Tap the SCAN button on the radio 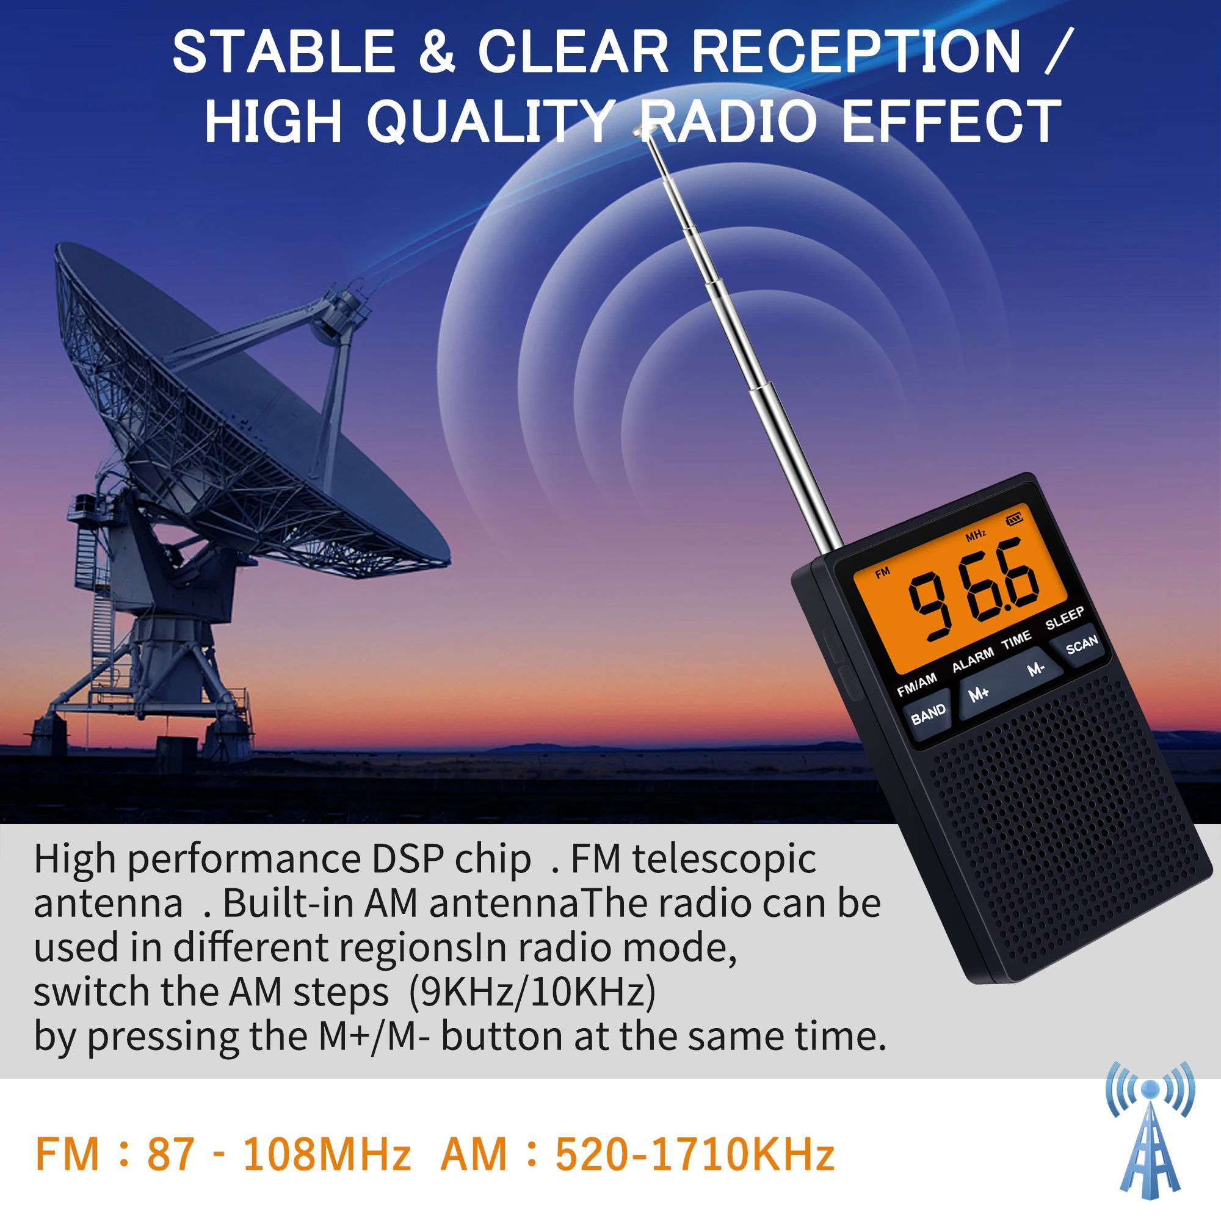click(1081, 645)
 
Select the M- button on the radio click(1035, 669)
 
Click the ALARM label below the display click(973, 660)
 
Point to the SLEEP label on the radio click(1064, 618)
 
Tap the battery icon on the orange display click(1014, 519)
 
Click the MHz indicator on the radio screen click(975, 535)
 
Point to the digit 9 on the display click(930, 606)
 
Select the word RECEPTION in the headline click(857, 52)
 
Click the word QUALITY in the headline click(490, 121)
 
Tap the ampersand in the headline click(436, 52)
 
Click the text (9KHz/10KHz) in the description click(532, 992)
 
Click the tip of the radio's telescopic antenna click(643, 131)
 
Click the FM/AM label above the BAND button click(916, 684)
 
